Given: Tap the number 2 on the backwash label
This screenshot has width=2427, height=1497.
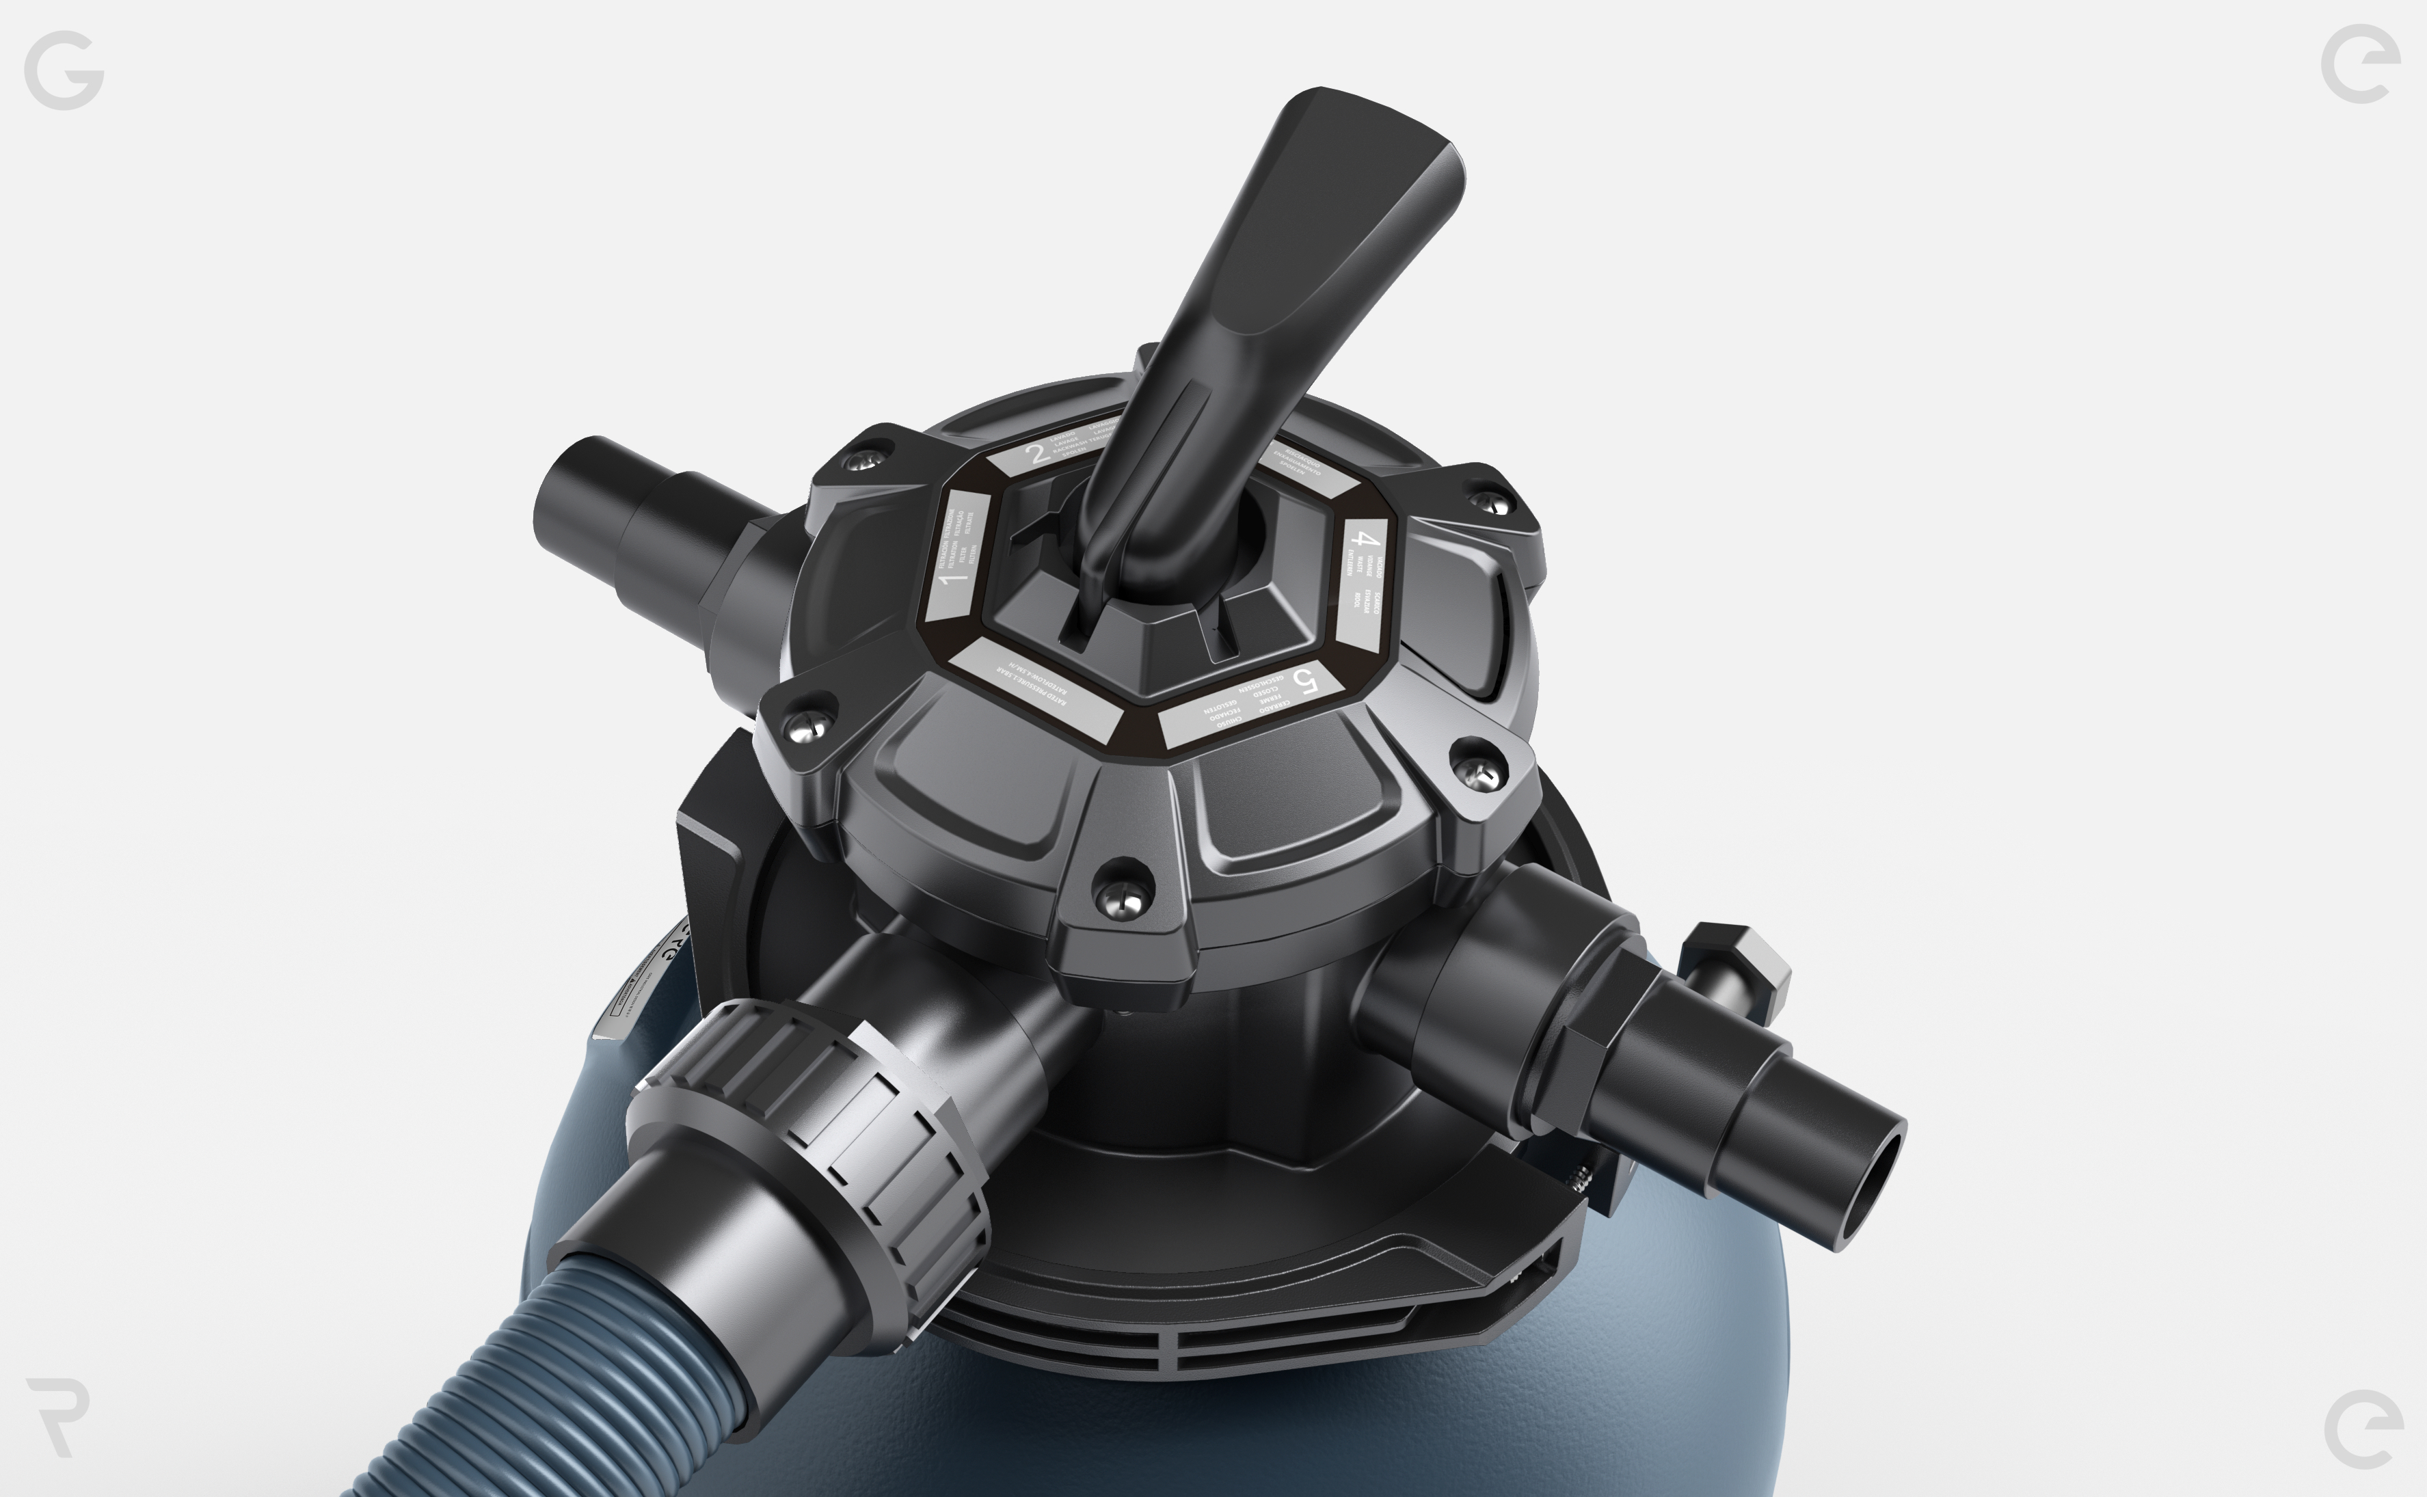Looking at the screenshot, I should (x=1036, y=455).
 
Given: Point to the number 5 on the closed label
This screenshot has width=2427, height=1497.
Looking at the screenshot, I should (x=1306, y=682).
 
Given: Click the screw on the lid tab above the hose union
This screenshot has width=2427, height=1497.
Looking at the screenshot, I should (x=1120, y=899).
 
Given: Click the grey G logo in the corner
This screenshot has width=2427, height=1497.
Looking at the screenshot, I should (x=64, y=69).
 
